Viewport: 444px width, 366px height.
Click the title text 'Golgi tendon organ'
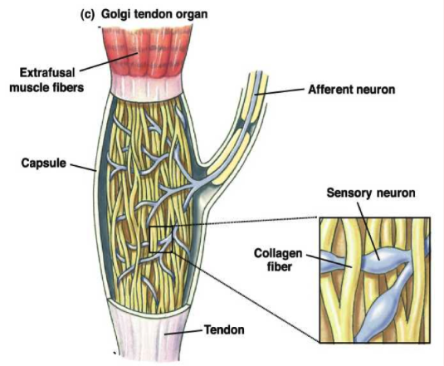pos(154,14)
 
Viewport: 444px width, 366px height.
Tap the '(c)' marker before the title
pos(87,14)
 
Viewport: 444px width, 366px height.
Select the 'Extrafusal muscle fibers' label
pos(46,81)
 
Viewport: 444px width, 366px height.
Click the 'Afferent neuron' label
pos(351,90)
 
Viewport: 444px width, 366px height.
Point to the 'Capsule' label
pos(44,163)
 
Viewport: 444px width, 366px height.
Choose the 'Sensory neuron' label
pos(371,193)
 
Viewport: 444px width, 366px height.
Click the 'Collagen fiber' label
pos(278,260)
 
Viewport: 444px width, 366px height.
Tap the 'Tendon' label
pos(224,329)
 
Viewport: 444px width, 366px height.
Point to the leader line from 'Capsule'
pos(83,168)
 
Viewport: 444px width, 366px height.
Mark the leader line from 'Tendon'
pos(183,332)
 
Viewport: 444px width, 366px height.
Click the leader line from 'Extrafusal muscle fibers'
pos(110,61)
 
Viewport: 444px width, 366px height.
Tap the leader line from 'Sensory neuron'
pos(368,231)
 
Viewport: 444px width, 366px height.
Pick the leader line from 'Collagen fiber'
pos(329,261)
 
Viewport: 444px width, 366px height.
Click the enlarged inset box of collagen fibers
pos(375,281)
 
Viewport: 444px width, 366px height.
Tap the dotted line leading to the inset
pos(245,222)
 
